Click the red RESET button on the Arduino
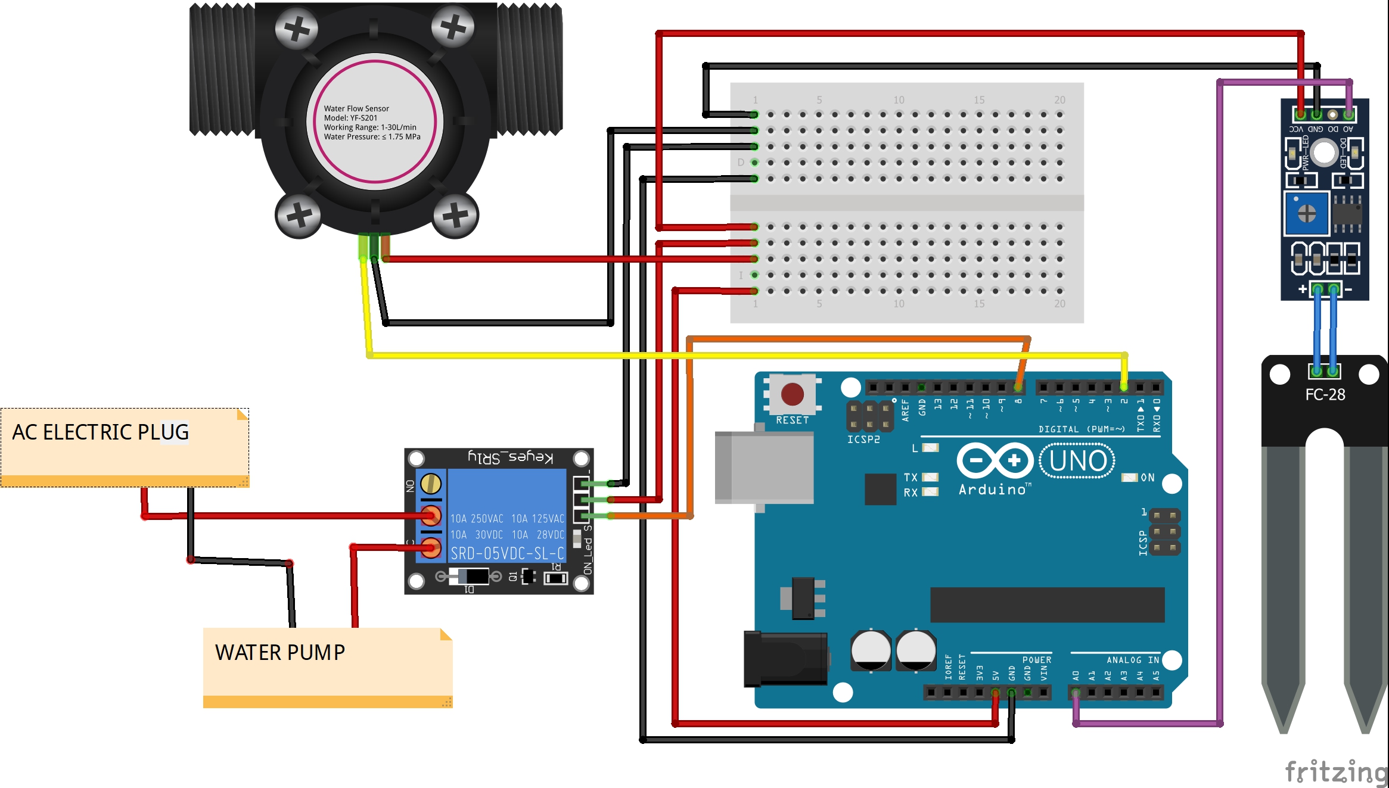point(792,394)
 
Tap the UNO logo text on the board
point(1077,461)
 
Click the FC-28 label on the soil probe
point(1325,395)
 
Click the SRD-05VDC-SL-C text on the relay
point(506,553)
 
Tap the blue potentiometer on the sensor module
point(1307,213)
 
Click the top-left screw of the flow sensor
point(296,28)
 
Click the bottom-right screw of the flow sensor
point(455,215)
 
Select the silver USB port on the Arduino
point(765,468)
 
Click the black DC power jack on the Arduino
point(785,659)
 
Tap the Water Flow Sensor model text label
point(372,123)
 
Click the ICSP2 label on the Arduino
point(863,440)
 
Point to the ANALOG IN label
point(1132,660)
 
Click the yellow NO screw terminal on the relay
point(431,484)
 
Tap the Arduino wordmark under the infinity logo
point(993,490)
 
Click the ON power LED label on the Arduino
point(1147,478)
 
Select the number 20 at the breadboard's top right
point(1059,100)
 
